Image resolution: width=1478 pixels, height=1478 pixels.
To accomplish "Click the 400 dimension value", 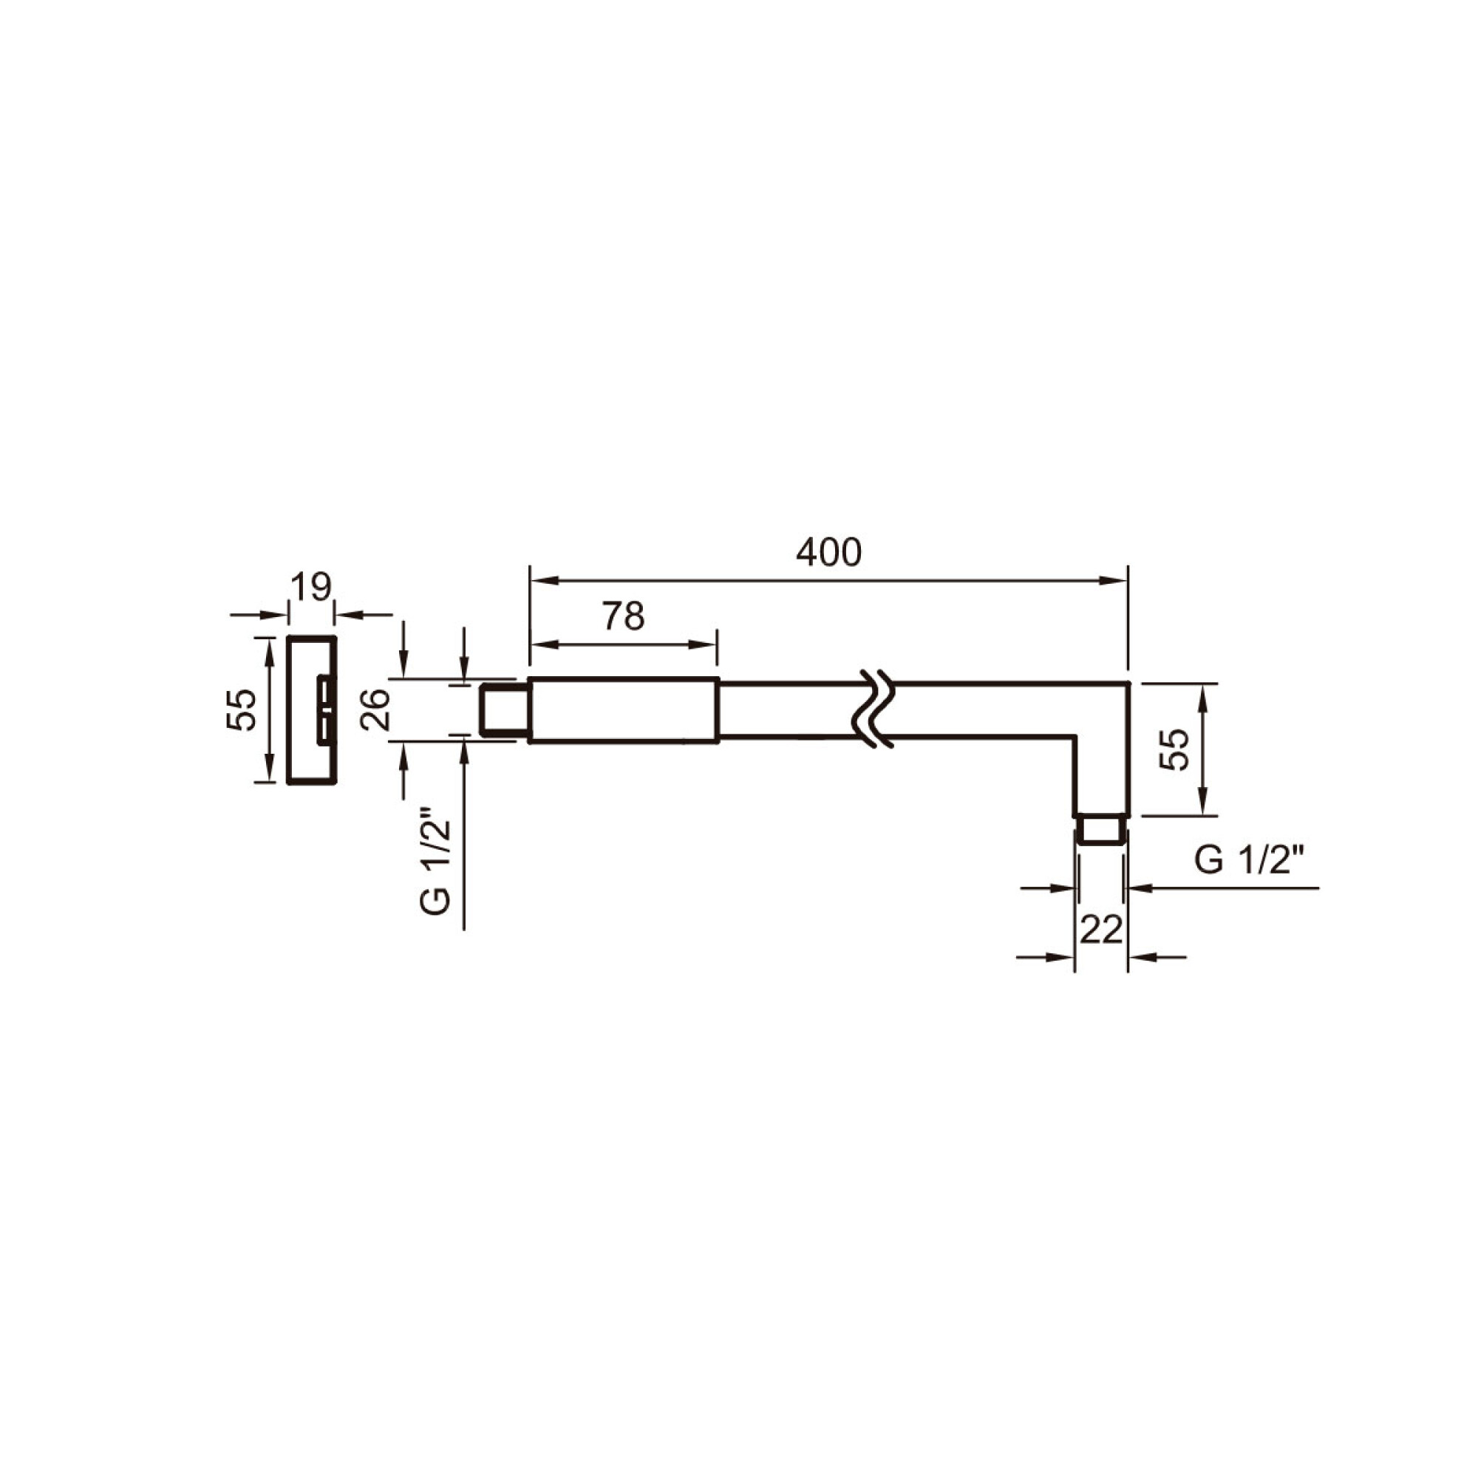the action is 828,552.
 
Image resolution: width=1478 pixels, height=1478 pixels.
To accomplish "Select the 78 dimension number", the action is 624,616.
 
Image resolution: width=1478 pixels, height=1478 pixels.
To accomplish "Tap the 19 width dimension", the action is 311,588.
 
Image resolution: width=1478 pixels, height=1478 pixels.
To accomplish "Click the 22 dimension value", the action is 1101,930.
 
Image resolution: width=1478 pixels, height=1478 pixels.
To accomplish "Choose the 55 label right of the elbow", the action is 1174,749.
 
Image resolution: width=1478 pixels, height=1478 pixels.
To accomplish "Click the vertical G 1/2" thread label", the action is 435,867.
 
